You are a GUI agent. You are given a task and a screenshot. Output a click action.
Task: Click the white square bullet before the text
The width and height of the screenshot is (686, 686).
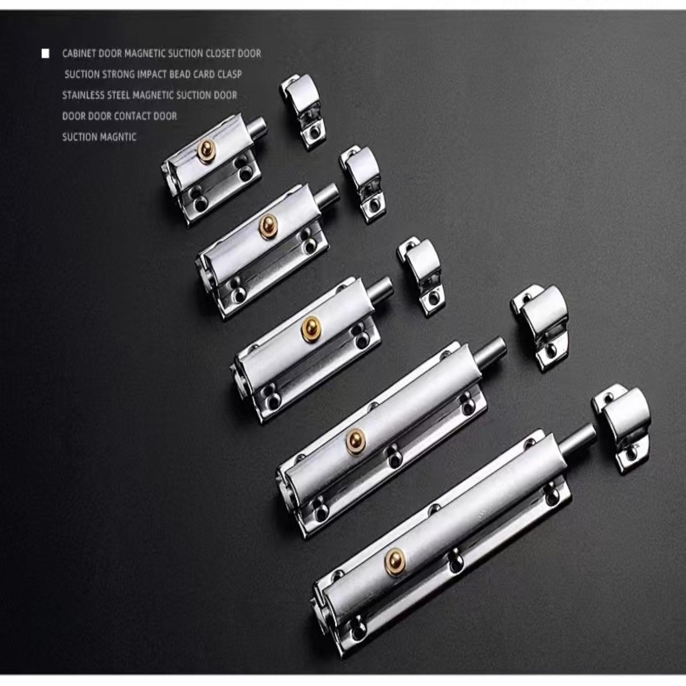point(45,54)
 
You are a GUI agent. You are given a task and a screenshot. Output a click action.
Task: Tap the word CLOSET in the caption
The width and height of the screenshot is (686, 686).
point(221,54)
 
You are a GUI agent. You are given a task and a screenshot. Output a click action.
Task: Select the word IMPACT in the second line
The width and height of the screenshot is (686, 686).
point(152,75)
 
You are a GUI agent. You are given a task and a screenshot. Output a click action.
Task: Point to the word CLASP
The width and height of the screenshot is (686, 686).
point(229,75)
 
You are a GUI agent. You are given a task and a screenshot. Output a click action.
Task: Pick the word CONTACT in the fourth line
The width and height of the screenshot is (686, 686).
point(132,116)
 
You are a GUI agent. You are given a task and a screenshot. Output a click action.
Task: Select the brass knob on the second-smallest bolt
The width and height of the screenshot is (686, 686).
point(268,227)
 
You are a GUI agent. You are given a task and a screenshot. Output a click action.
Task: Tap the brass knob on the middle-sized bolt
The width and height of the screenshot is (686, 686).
point(311,328)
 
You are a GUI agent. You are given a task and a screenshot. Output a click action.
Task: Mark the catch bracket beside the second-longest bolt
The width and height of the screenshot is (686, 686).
point(539,328)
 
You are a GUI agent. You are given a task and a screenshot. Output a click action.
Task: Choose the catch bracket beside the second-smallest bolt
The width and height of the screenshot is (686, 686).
point(362,184)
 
